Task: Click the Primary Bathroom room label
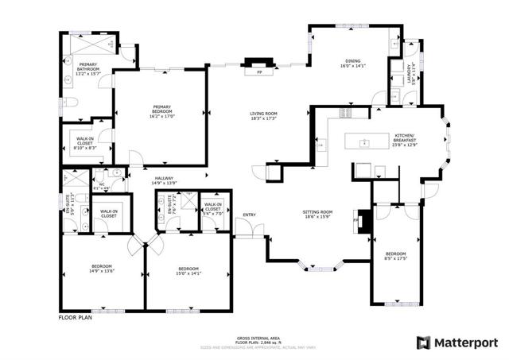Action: coord(88,72)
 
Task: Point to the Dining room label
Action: coord(352,64)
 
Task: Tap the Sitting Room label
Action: coord(317,215)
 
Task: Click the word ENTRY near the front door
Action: coord(250,215)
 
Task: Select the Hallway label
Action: coord(164,180)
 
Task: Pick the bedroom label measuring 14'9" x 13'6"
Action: coord(101,268)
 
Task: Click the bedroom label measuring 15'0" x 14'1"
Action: coord(188,271)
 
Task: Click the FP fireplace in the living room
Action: coord(258,72)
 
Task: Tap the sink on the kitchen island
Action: coord(363,143)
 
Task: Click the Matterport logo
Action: coord(457,342)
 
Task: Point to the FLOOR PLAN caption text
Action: coord(76,317)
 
